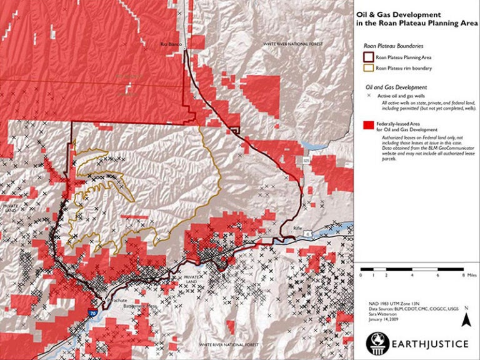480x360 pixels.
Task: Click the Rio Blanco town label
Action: (x=170, y=44)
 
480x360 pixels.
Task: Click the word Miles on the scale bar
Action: (x=471, y=274)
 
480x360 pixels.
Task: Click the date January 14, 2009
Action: (x=381, y=321)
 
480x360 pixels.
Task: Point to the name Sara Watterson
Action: (x=382, y=315)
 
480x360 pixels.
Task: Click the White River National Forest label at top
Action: (x=289, y=45)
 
